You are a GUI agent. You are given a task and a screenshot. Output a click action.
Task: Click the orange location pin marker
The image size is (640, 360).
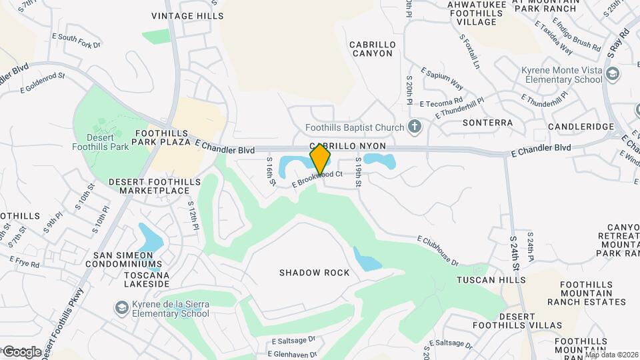click(320, 159)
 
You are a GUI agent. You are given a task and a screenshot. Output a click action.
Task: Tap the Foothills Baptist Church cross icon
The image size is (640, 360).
click(415, 127)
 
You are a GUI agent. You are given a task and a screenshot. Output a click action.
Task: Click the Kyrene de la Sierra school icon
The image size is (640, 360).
click(122, 307)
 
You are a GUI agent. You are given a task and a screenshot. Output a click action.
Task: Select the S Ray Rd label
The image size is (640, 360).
click(618, 42)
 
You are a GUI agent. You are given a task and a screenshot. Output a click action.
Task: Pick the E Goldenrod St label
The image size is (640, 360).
click(43, 83)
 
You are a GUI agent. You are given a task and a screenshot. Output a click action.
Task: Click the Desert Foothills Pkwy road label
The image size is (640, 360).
click(64, 323)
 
